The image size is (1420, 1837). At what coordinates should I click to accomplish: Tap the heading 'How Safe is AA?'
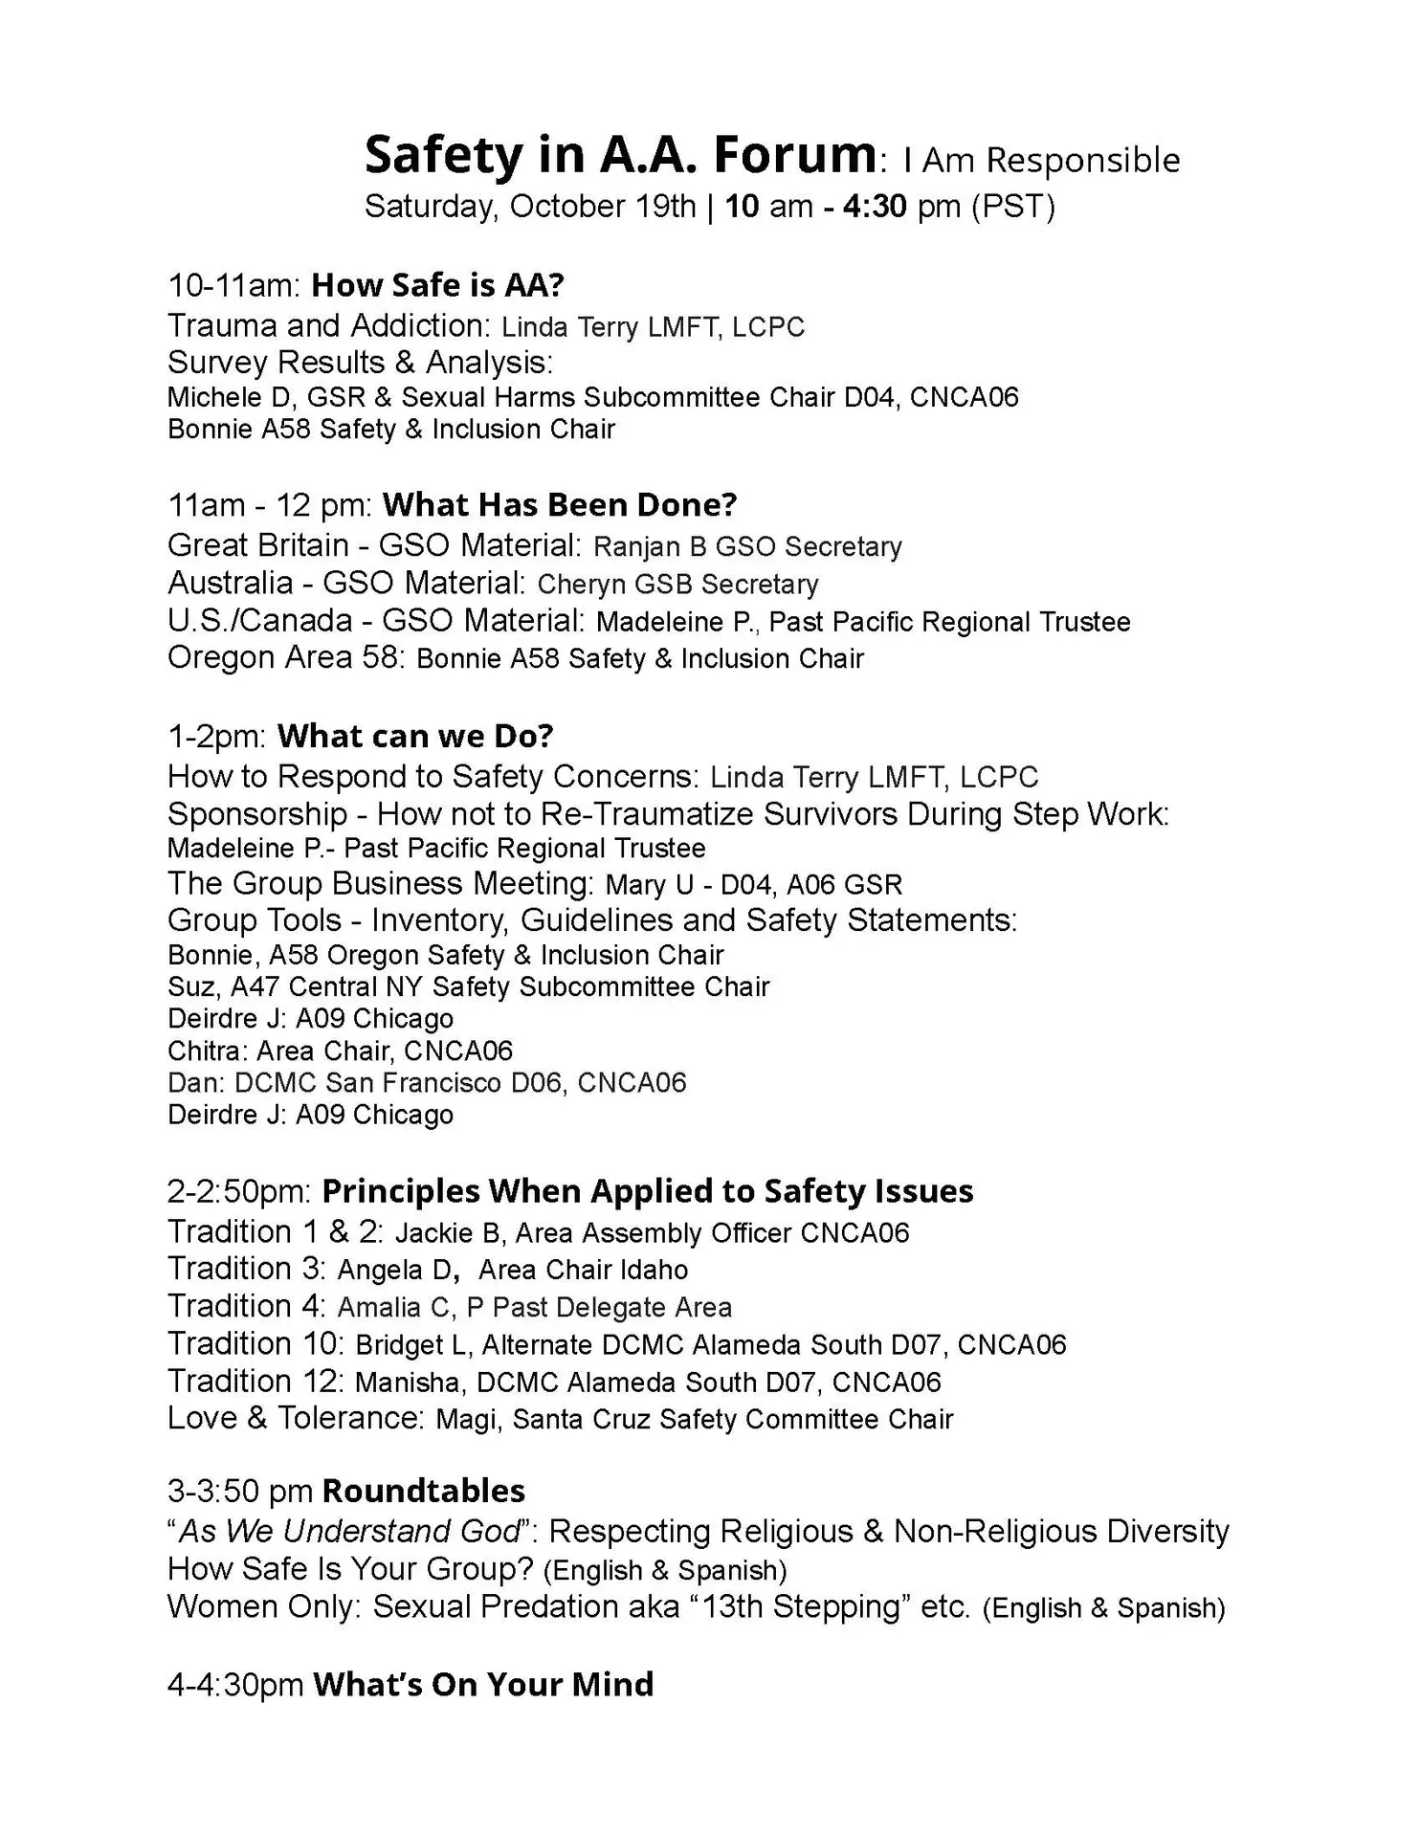coord(438,284)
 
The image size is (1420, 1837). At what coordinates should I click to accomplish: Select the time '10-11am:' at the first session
coord(234,284)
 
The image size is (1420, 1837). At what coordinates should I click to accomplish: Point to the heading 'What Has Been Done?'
coord(560,504)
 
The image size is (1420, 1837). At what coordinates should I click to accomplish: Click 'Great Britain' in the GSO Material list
coord(257,545)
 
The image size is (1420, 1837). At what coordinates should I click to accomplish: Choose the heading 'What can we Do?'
coord(415,736)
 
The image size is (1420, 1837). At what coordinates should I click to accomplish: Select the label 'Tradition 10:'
coord(255,1343)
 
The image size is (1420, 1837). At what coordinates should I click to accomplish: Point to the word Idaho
coord(654,1270)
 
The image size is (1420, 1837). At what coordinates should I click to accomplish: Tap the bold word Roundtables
coord(424,1491)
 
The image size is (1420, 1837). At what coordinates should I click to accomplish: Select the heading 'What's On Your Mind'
coord(483,1684)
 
